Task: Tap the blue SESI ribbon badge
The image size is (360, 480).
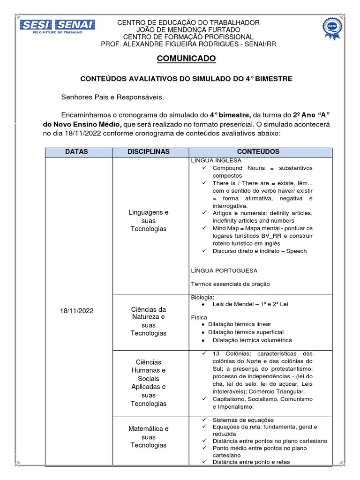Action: pyautogui.click(x=332, y=28)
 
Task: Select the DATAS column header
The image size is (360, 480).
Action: pyautogui.click(x=76, y=152)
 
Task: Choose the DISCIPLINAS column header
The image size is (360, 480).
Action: pyautogui.click(x=148, y=152)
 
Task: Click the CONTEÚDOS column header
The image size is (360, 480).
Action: pyautogui.click(x=258, y=152)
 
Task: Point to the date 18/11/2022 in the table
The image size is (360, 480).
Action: pyautogui.click(x=76, y=311)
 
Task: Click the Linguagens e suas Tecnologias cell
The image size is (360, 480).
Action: pyautogui.click(x=148, y=220)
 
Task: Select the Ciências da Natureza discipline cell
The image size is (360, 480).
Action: pyautogui.click(x=148, y=321)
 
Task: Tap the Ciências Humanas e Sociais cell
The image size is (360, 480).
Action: pyautogui.click(x=148, y=382)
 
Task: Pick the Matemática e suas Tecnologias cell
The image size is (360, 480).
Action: pyautogui.click(x=148, y=437)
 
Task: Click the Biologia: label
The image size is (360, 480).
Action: pyautogui.click(x=202, y=297)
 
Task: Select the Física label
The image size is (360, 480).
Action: pyautogui.click(x=199, y=317)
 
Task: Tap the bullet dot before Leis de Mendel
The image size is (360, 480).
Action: pyautogui.click(x=201, y=304)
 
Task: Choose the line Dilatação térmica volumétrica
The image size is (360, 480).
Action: pyautogui.click(x=252, y=340)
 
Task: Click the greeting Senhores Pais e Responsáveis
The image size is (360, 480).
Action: pyautogui.click(x=113, y=97)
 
